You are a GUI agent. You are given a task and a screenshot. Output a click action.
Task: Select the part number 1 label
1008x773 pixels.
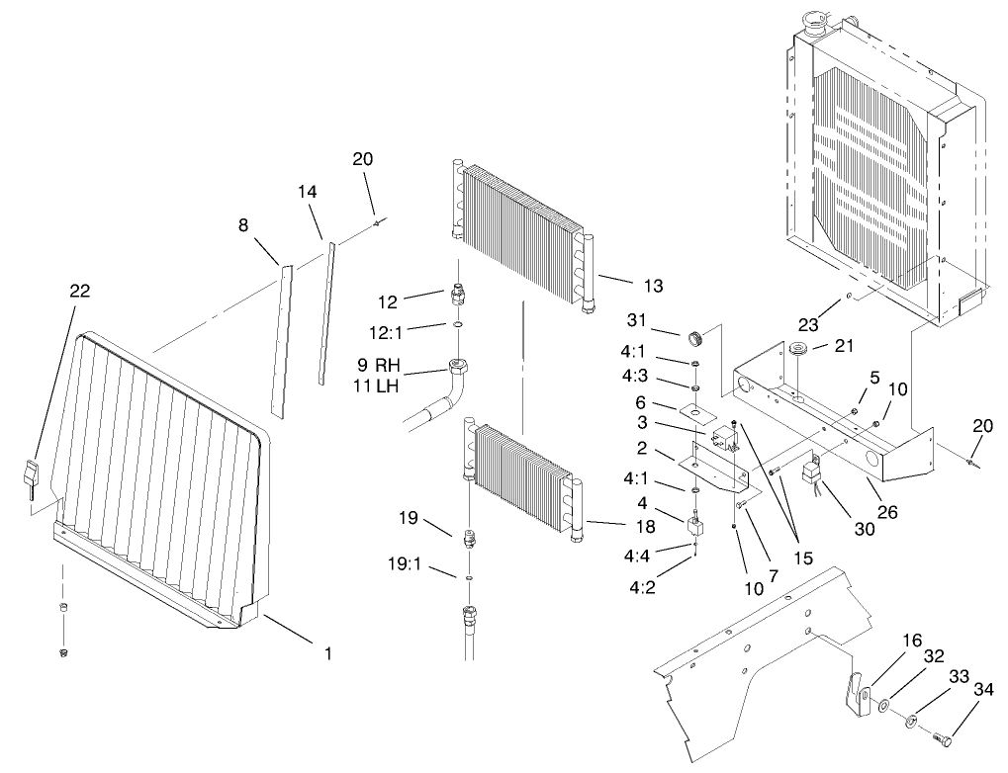327,653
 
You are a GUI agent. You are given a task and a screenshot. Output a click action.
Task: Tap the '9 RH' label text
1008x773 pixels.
375,365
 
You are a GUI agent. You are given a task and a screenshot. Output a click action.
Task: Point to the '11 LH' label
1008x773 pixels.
375,386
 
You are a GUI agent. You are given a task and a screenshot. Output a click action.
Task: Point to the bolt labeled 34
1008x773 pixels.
944,737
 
